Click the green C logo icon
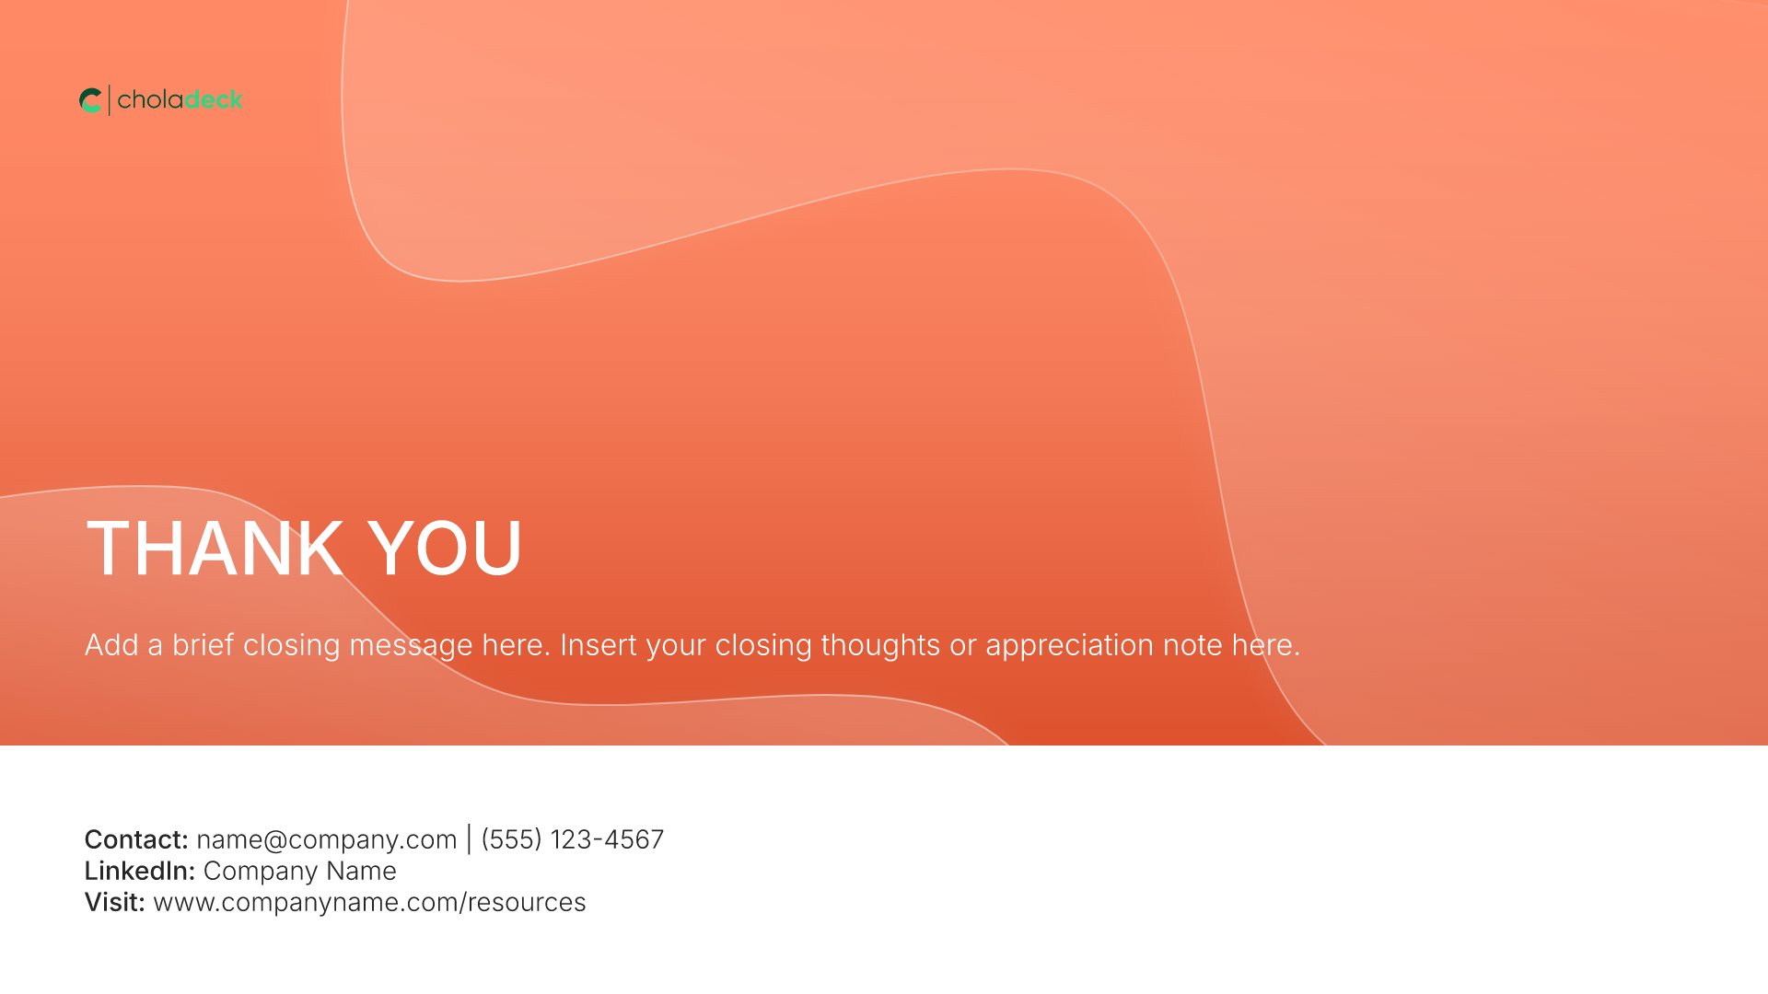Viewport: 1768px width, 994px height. pos(90,100)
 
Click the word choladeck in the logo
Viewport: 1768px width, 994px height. pos(180,99)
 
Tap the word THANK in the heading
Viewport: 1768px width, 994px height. pos(215,549)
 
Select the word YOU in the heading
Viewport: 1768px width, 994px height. pos(446,549)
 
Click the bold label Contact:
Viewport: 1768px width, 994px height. pos(136,839)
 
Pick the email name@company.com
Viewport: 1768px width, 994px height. pos(327,839)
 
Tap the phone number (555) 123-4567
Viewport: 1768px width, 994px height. pos(573,839)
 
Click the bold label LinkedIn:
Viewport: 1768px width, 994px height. pos(140,871)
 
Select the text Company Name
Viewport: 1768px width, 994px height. pos(300,872)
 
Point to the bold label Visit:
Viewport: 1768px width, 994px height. pos(115,902)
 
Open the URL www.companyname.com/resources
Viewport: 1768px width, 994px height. pos(370,903)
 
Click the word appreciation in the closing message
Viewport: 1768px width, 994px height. pos(1069,646)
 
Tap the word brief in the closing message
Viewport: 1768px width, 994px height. pos(204,645)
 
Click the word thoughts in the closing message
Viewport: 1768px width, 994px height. pos(880,646)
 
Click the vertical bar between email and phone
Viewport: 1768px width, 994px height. pos(470,839)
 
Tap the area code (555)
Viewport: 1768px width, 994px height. pos(511,839)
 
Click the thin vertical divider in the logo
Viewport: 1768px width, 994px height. pos(110,100)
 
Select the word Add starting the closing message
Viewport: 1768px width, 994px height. pos(112,645)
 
